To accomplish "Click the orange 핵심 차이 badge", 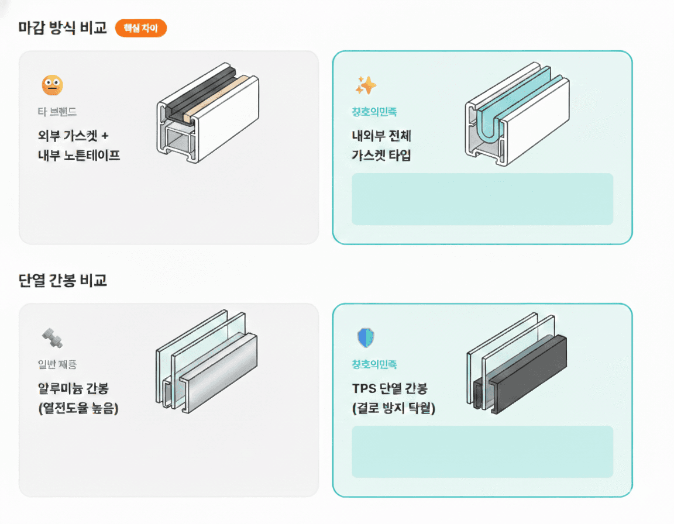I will click(x=141, y=28).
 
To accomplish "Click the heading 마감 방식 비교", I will click(x=63, y=27).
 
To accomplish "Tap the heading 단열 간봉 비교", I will click(x=63, y=280).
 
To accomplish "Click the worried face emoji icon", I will click(x=52, y=86).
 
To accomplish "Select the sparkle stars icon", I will click(x=366, y=86).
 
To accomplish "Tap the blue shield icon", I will click(x=366, y=337).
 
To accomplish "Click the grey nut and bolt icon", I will click(x=52, y=337).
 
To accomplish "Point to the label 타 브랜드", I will click(x=57, y=111).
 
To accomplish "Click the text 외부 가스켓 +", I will click(x=73, y=136).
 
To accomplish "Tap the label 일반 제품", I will click(x=57, y=364).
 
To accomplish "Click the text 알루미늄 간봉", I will click(x=73, y=389).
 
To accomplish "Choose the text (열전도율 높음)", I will click(x=78, y=408).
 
